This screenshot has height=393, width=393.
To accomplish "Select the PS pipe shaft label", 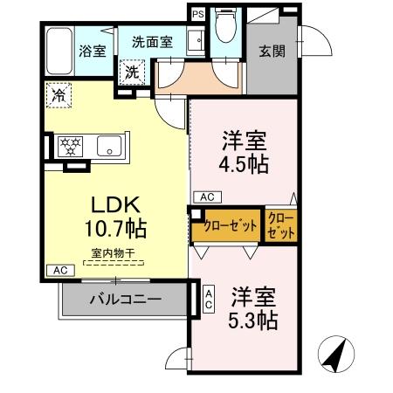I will pyautogui.click(x=197, y=15).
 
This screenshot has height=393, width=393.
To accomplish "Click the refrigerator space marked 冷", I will pyautogui.click(x=60, y=91).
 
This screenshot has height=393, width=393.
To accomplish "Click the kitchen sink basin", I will pyautogui.click(x=109, y=145).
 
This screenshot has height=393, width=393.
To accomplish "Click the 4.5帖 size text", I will pyautogui.click(x=244, y=163).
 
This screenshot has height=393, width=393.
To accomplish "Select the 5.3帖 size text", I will pyautogui.click(x=253, y=320).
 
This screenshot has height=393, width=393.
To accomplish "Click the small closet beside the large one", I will pyautogui.click(x=280, y=225).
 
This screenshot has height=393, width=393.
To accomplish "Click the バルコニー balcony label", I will pyautogui.click(x=125, y=300).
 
